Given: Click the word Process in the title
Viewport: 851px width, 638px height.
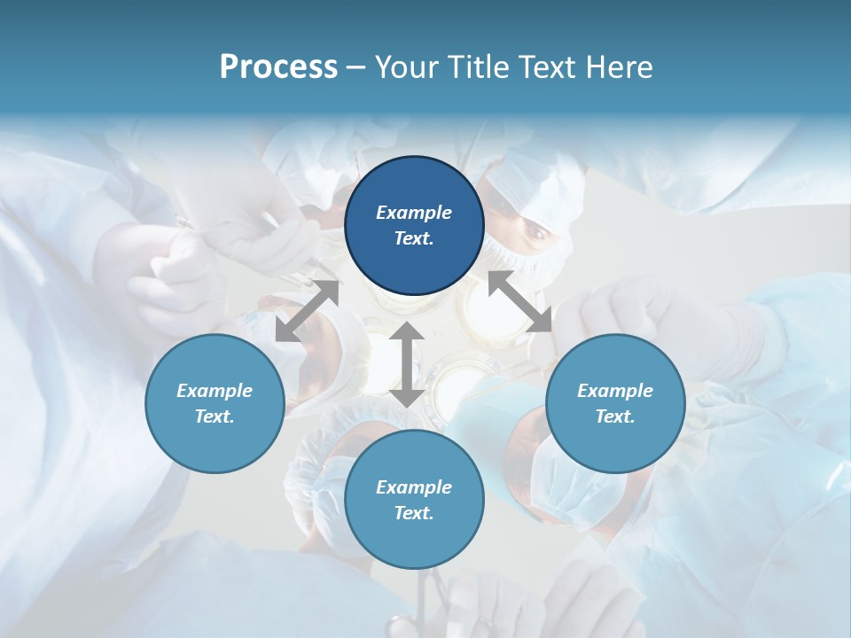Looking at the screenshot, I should tap(278, 67).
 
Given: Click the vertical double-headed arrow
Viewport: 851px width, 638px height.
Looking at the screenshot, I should tap(407, 364).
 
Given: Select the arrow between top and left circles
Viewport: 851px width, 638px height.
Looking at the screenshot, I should tap(307, 311).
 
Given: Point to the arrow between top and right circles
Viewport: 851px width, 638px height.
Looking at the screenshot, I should tap(520, 302).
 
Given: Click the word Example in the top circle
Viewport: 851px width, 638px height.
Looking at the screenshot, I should tap(414, 213).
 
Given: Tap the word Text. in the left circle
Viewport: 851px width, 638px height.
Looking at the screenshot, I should tap(215, 416).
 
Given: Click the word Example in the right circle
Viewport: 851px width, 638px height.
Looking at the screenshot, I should tap(615, 391).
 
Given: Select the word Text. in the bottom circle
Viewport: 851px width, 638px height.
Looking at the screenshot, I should tap(414, 513).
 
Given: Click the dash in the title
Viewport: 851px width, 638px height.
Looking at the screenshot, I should tap(356, 67).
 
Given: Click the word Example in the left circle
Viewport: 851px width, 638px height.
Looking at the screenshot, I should tap(215, 391).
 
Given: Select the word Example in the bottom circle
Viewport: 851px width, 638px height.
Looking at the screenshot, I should tap(414, 487).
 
